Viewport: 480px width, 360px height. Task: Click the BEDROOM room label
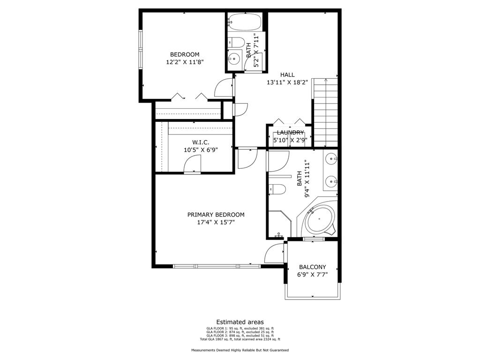184,54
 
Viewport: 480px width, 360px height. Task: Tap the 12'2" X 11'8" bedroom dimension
184,62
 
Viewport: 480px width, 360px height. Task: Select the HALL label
287,75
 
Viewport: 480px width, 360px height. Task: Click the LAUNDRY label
290,133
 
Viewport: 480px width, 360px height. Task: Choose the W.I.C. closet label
201,142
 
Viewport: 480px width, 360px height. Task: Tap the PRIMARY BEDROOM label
216,215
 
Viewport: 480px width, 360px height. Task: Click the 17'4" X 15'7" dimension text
216,222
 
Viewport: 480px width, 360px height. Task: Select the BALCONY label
312,267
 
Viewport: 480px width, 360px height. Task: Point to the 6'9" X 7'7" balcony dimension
312,275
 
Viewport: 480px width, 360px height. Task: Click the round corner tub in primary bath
320,219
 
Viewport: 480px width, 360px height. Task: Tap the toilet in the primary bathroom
277,189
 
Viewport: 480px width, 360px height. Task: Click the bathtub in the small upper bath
244,21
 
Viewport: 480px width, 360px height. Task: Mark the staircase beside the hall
326,112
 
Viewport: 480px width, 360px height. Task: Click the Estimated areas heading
240,322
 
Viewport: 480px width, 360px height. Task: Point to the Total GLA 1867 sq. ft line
240,339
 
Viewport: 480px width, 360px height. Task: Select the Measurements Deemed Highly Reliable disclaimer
240,350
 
